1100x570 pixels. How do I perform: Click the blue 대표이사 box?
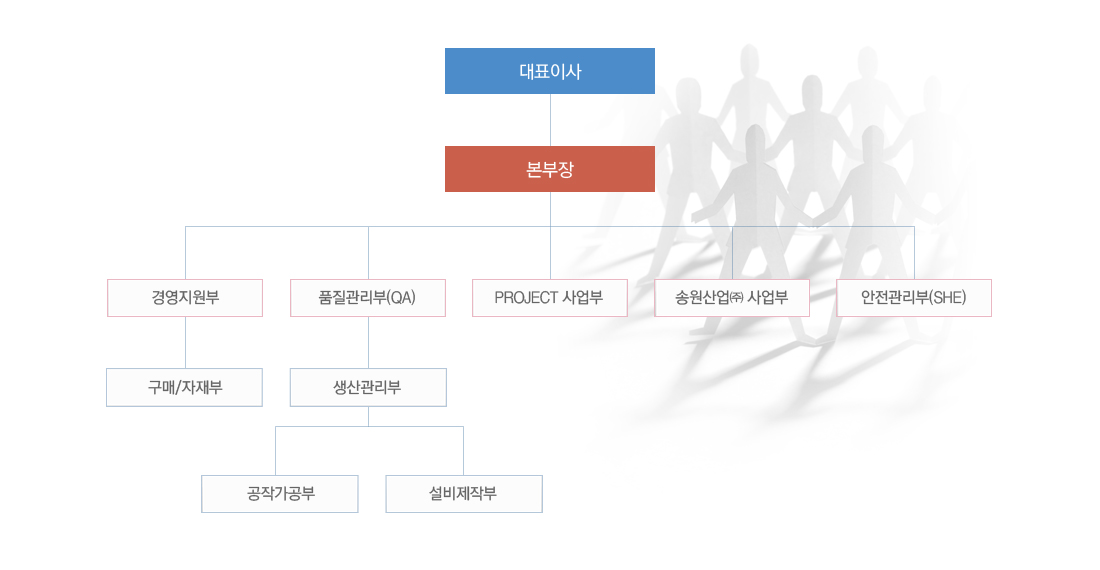pyautogui.click(x=550, y=71)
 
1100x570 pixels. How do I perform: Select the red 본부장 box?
pyautogui.click(x=550, y=169)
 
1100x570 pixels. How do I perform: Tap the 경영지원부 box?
pyautogui.click(x=185, y=298)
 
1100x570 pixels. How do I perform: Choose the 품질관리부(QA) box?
pyautogui.click(x=368, y=298)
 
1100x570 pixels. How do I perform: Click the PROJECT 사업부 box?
pyautogui.click(x=550, y=298)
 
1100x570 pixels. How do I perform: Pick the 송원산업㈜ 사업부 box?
pyautogui.click(x=732, y=298)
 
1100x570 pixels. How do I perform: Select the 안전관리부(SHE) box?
pyautogui.click(x=914, y=298)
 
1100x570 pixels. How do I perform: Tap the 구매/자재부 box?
pyautogui.click(x=185, y=387)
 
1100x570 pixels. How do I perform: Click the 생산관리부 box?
pyautogui.click(x=368, y=387)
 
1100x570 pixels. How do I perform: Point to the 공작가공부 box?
pyautogui.click(x=280, y=494)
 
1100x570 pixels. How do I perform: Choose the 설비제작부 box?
pyautogui.click(x=464, y=494)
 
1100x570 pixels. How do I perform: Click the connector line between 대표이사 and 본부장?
pyautogui.click(x=550, y=120)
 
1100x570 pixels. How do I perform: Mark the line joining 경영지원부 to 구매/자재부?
pyautogui.click(x=185, y=343)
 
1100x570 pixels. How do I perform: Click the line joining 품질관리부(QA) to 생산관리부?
pyautogui.click(x=368, y=343)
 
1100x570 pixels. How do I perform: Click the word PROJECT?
pyautogui.click(x=526, y=298)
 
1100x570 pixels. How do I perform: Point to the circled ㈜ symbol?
pyautogui.click(x=737, y=298)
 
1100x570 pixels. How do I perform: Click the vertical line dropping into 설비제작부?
pyautogui.click(x=463, y=451)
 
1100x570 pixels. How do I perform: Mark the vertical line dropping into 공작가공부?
pyautogui.click(x=276, y=451)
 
